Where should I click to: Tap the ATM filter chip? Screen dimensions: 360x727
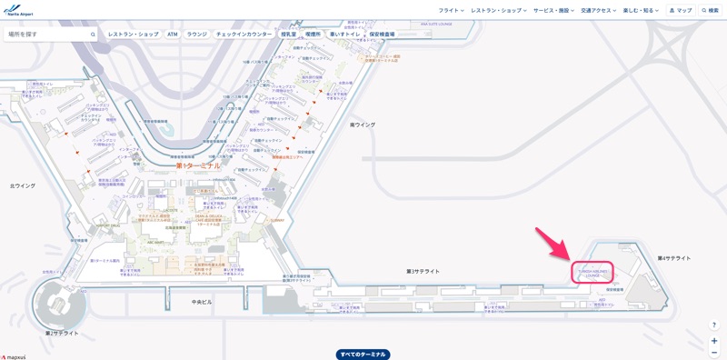coord(173,34)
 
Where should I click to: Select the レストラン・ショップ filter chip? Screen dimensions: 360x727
coord(133,34)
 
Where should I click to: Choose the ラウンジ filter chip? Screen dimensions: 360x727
coord(196,34)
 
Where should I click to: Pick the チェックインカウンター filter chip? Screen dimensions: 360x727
coord(244,34)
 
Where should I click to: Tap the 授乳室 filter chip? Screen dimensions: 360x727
coord(289,34)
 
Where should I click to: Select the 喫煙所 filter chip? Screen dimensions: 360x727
coord(314,34)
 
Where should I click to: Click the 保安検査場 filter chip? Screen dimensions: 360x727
coord(382,34)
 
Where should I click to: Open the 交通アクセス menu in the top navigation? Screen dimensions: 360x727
coord(598,10)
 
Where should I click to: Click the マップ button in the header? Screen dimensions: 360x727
coord(681,10)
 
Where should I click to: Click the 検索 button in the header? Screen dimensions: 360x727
coord(710,10)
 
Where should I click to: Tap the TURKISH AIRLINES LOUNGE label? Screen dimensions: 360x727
coord(592,272)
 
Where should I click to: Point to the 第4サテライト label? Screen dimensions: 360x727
coord(674,258)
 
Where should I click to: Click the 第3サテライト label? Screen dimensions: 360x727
coord(423,271)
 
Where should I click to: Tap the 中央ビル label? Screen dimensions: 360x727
coord(202,301)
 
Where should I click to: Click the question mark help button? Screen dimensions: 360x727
coord(714,325)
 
